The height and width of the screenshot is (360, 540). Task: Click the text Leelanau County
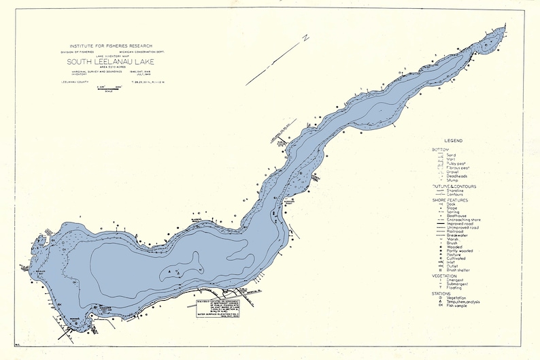pyautogui.click(x=73, y=82)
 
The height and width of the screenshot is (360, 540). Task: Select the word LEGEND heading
pyautogui.click(x=454, y=140)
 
